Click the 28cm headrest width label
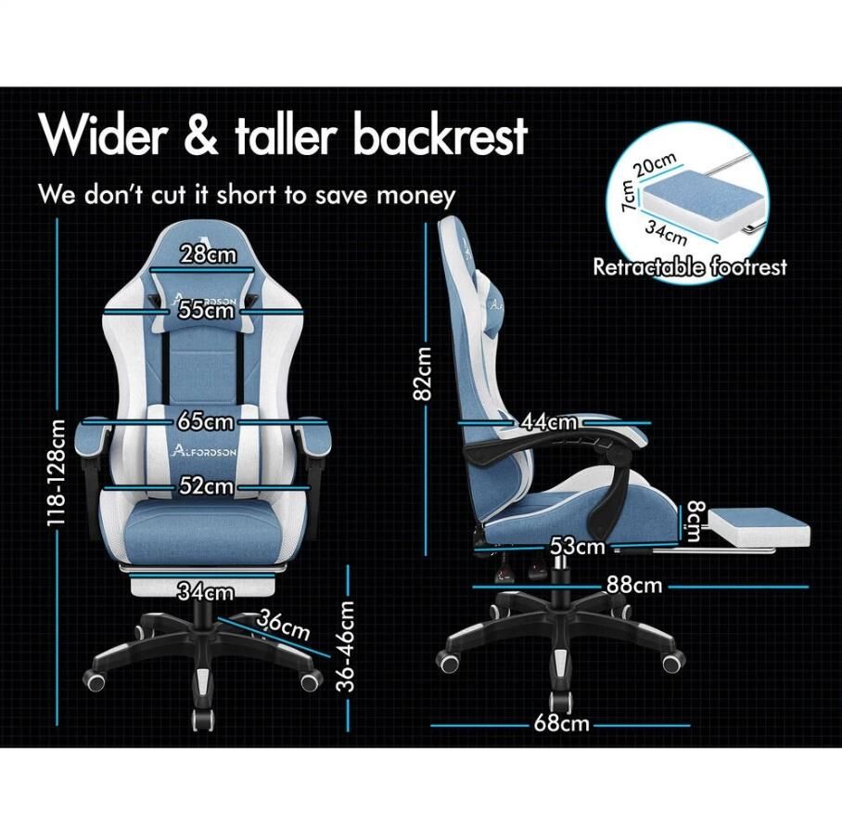coord(208,253)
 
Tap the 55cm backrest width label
coord(207,311)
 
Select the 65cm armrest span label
coord(206,422)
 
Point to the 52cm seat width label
coord(206,486)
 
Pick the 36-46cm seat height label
coord(347,646)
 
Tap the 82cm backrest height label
coord(422,373)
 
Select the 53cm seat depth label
coord(578,547)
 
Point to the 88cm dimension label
coord(634,585)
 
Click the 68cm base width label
coord(561,724)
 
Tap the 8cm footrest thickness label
coord(695,522)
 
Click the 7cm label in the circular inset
coord(628,196)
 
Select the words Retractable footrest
coord(690,266)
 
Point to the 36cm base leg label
coord(283,625)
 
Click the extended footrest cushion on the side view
coord(759,525)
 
